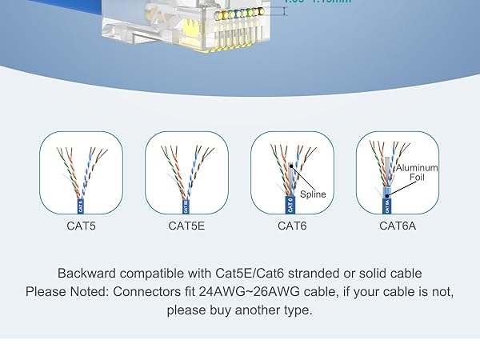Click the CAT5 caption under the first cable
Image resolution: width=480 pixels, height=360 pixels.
tap(81, 226)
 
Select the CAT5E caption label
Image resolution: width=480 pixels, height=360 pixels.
tap(186, 226)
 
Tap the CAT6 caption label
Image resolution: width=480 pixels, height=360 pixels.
tap(291, 226)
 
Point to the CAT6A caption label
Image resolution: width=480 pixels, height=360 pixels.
tap(397, 226)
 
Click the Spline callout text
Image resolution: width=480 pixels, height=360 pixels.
tap(313, 194)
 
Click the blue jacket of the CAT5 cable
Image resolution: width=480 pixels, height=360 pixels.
tap(81, 204)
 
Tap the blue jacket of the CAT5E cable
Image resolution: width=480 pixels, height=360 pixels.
tap(186, 205)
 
